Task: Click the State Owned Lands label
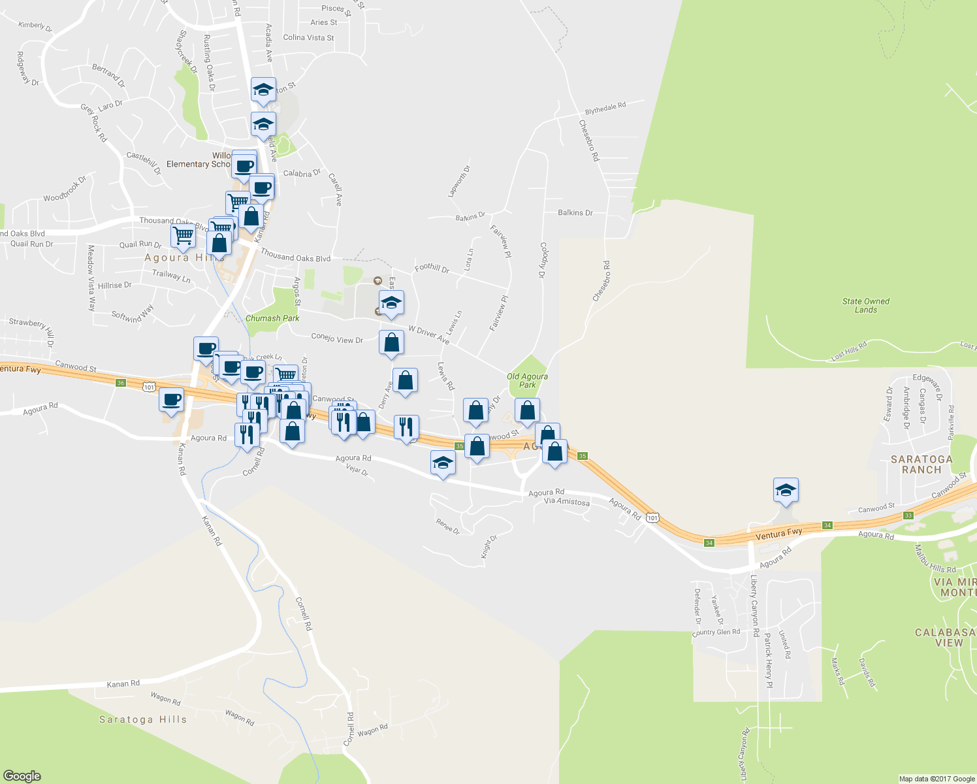click(x=866, y=305)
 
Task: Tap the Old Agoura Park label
click(x=527, y=380)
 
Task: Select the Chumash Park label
click(x=272, y=318)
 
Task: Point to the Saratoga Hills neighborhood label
click(x=143, y=719)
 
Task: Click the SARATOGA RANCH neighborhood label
click(x=921, y=465)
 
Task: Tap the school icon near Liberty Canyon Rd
click(x=786, y=490)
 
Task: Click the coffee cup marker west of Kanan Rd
click(x=172, y=399)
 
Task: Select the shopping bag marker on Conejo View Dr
click(x=391, y=342)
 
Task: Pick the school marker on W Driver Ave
click(x=391, y=302)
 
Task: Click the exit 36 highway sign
click(x=120, y=383)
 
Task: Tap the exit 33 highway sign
click(x=908, y=515)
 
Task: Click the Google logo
click(x=22, y=776)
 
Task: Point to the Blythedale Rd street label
click(x=605, y=108)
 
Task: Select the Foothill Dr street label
click(x=432, y=268)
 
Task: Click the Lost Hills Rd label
click(x=849, y=351)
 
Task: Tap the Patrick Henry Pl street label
click(x=769, y=660)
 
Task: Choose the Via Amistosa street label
click(x=567, y=502)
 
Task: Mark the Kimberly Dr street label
click(x=35, y=26)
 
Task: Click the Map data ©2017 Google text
click(x=937, y=779)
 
